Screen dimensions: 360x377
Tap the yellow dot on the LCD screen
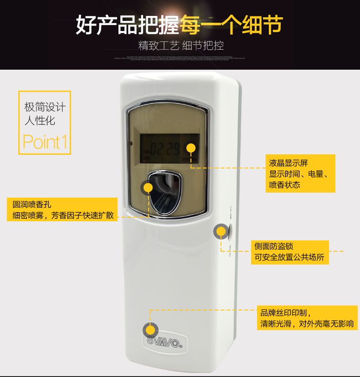click(x=191, y=148)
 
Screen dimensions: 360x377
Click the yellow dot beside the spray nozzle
click(x=148, y=187)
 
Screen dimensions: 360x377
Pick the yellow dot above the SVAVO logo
click(x=150, y=330)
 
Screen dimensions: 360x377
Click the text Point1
click(x=45, y=142)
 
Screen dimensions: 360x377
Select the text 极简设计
click(x=45, y=107)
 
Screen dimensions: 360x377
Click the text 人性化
click(x=40, y=120)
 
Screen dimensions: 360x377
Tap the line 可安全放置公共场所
click(x=290, y=257)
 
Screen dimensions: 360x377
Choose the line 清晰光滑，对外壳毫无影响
click(x=307, y=324)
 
